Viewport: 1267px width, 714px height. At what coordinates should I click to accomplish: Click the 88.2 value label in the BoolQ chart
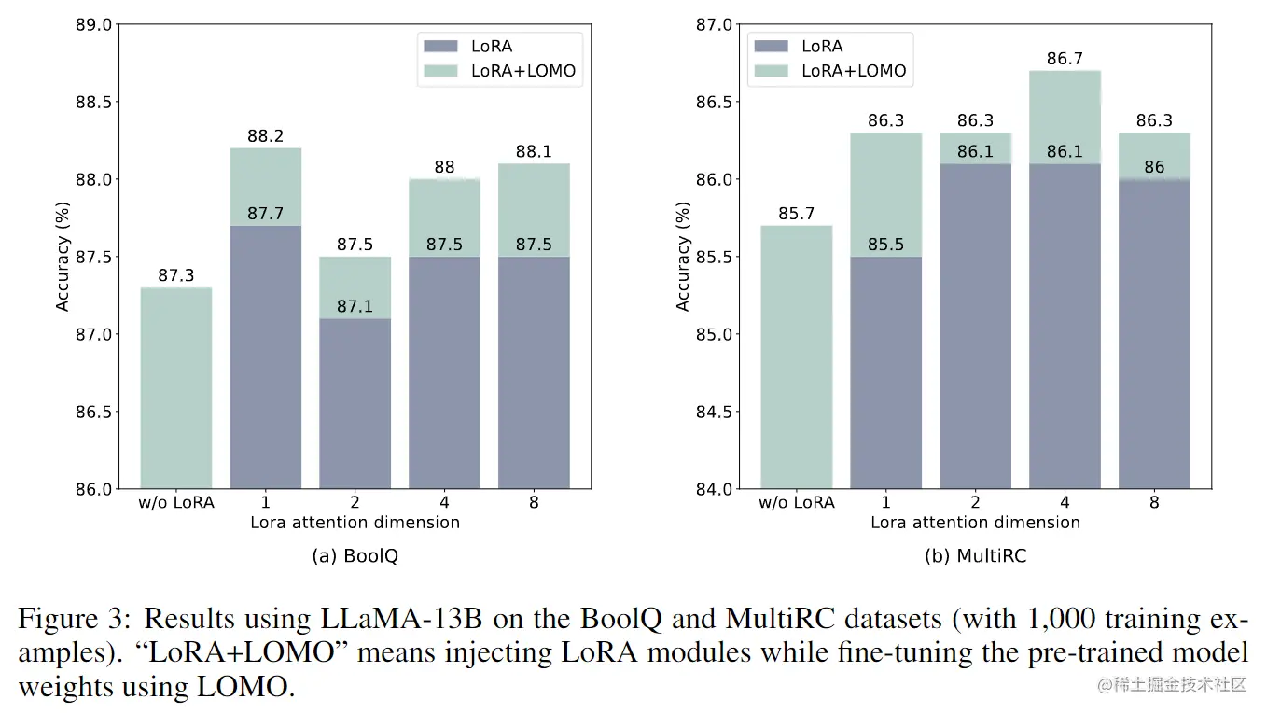(265, 136)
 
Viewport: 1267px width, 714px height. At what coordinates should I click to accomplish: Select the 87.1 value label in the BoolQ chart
(355, 306)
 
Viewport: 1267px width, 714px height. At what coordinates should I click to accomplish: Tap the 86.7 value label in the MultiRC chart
(1065, 59)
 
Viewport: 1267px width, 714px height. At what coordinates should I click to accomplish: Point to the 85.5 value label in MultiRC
(885, 245)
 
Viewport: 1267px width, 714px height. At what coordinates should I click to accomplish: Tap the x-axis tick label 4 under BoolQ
(444, 502)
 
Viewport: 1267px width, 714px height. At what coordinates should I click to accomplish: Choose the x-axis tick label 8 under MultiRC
(1154, 502)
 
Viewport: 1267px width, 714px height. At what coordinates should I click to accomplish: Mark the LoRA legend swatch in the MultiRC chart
(771, 46)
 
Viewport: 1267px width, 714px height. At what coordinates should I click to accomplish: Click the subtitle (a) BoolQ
(355, 555)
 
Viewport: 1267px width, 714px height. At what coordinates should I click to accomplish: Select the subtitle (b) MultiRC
(975, 555)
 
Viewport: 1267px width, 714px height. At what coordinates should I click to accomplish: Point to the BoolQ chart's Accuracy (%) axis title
(63, 257)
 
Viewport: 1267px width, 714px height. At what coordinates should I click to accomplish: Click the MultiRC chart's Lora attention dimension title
(975, 523)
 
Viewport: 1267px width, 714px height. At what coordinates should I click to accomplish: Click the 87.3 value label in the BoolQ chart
(176, 275)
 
